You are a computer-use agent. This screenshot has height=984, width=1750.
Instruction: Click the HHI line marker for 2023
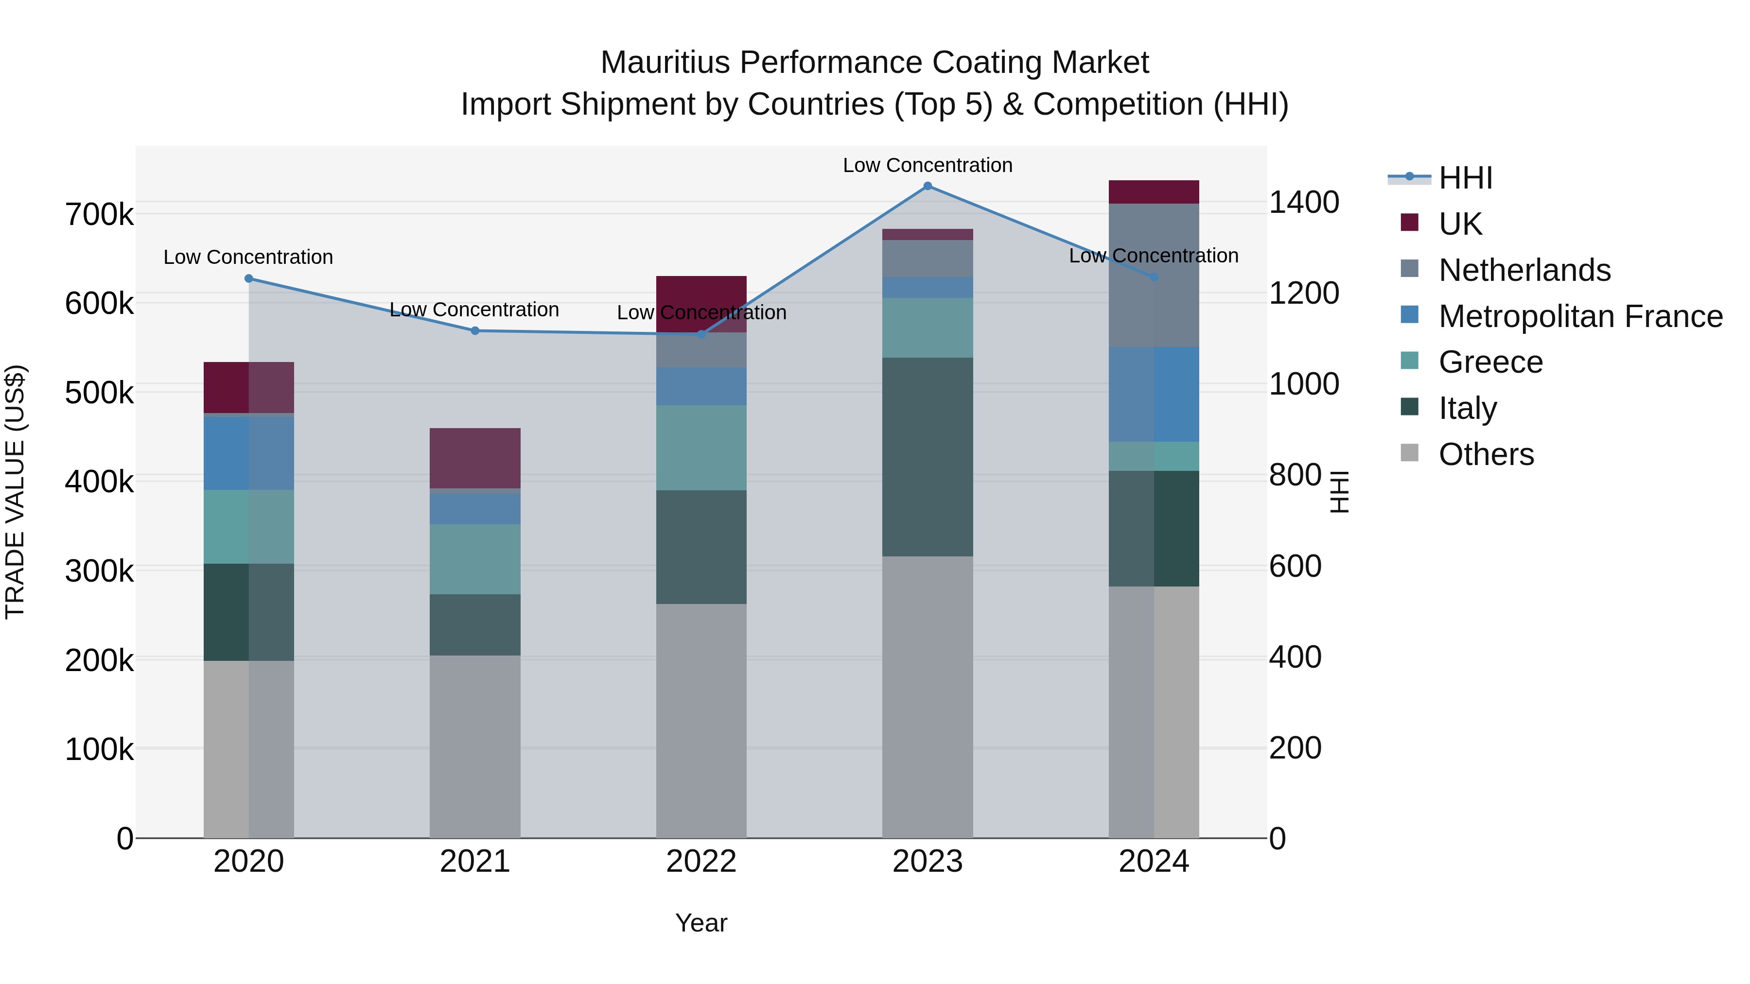click(x=927, y=186)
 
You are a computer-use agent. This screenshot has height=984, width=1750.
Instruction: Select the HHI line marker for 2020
click(x=248, y=278)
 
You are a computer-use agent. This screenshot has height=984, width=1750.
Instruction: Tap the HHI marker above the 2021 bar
click(x=475, y=331)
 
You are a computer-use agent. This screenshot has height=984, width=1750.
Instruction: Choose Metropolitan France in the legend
click(x=1580, y=316)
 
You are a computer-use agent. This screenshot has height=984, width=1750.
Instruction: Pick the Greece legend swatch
click(x=1410, y=361)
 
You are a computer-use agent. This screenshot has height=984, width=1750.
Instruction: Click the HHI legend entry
click(x=1465, y=178)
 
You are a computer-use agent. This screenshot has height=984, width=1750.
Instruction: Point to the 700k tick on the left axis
click(x=99, y=215)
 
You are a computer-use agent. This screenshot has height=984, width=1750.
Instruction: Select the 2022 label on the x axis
click(x=701, y=862)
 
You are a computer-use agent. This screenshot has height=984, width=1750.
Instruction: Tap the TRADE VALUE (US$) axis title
click(x=15, y=492)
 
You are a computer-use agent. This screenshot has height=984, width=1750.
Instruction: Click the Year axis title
click(x=701, y=923)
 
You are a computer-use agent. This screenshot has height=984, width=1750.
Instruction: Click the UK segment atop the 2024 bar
click(x=1154, y=192)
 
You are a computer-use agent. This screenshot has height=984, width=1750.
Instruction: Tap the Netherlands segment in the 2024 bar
click(x=1154, y=275)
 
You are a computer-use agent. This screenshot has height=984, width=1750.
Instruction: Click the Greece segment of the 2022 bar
click(x=701, y=448)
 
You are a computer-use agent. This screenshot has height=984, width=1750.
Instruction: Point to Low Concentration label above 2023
click(x=927, y=165)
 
